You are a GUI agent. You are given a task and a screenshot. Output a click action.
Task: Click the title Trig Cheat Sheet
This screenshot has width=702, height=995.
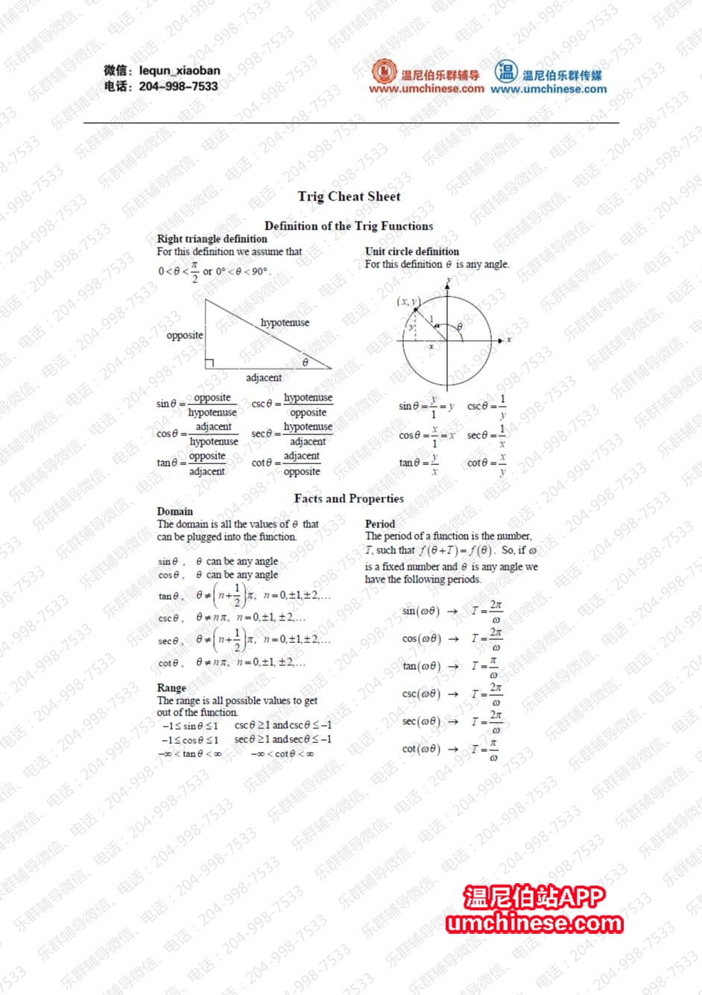[349, 196]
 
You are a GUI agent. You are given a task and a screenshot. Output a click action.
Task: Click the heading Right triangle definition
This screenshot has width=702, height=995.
[212, 239]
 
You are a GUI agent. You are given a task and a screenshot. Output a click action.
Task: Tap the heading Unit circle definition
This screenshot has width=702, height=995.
[411, 251]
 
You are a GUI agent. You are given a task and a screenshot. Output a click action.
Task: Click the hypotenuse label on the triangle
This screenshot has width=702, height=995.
[285, 322]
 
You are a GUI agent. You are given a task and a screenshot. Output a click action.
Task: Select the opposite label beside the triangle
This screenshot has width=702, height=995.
[184, 336]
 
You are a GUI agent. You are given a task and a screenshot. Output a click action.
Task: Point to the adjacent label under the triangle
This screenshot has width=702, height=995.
[264, 377]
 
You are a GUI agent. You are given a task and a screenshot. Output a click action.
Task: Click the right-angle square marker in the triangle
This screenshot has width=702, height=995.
[209, 363]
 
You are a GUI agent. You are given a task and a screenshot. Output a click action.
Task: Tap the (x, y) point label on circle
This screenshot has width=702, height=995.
[408, 301]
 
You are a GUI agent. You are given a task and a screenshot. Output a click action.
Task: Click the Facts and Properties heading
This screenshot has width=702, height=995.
[349, 498]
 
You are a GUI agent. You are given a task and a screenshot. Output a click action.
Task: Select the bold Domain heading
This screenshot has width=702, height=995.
[174, 512]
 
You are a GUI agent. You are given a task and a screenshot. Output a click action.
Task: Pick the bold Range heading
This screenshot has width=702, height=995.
[171, 688]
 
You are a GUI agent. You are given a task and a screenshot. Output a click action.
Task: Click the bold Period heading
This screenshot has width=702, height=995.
[379, 524]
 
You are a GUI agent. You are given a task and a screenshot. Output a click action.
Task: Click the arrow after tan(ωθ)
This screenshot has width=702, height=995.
[453, 667]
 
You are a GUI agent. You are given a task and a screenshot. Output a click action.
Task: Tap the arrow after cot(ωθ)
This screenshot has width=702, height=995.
[453, 749]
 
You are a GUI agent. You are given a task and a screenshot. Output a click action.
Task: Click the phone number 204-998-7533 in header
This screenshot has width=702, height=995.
[178, 87]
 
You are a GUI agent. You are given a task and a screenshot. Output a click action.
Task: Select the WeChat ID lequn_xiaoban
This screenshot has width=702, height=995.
[180, 71]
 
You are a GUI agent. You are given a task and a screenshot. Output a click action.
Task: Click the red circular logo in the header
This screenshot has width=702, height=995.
[385, 72]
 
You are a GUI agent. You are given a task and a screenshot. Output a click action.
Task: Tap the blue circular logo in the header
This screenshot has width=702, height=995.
[506, 72]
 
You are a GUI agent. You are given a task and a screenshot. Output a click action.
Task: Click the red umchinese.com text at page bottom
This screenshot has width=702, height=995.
[534, 923]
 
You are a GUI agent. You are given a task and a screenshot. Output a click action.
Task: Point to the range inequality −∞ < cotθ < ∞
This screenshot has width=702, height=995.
[282, 754]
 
